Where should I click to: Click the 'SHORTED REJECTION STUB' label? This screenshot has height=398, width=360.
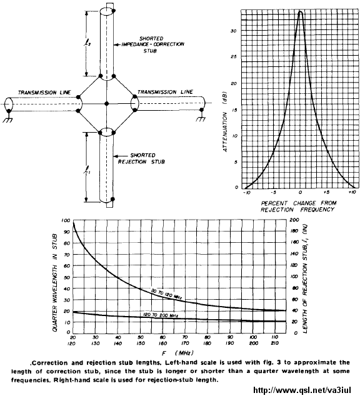(141, 158)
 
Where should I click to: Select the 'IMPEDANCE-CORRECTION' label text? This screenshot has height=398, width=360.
(153, 44)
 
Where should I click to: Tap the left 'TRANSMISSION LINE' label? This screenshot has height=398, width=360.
(44, 93)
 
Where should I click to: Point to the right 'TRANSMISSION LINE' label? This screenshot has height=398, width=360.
(165, 91)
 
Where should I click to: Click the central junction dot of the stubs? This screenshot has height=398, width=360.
(107, 103)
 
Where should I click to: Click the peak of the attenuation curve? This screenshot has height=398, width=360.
(301, 11)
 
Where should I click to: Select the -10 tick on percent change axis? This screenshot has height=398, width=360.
(246, 193)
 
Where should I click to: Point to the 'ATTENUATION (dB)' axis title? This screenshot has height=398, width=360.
(225, 121)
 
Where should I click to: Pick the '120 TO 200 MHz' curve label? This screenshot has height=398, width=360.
(161, 315)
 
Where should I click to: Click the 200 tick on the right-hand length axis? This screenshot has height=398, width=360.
(294, 220)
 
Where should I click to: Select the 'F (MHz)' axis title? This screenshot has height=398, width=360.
(177, 352)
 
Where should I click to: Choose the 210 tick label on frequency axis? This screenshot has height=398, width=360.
(274, 343)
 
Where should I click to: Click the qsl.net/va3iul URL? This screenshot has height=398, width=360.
(302, 390)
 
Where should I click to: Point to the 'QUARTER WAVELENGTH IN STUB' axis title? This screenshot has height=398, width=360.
(55, 282)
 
